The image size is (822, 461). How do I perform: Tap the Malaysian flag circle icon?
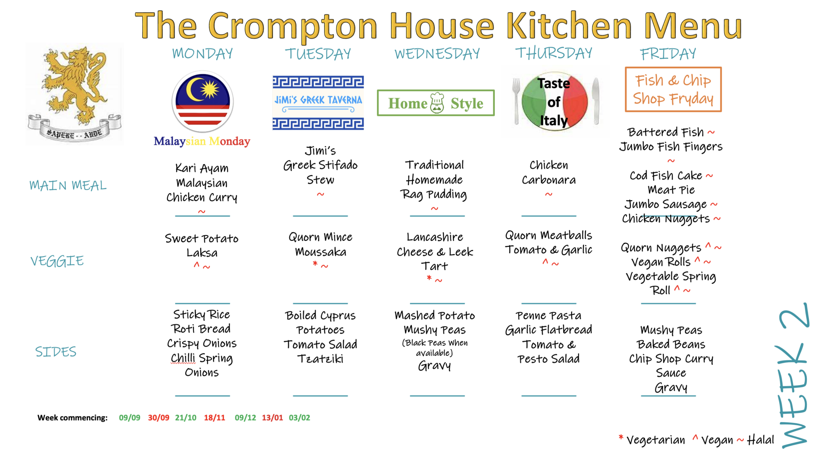[203, 102]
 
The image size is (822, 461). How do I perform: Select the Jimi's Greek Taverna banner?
[318, 102]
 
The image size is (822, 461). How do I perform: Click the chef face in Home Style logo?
[437, 104]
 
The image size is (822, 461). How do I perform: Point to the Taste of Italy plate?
[554, 102]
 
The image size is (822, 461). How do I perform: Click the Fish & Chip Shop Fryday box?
[673, 89]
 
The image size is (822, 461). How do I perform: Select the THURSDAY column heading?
[553, 53]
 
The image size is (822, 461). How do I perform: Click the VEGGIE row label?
[57, 261]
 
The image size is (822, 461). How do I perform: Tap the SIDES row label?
[56, 352]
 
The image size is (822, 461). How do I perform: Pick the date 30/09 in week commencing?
[159, 418]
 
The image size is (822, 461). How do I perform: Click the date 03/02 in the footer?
[299, 418]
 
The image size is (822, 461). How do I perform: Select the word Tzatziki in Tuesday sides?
[320, 359]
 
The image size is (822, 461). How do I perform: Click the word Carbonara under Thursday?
[549, 180]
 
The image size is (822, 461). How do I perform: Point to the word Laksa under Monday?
[202, 253]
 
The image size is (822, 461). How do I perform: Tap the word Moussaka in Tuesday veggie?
[320, 252]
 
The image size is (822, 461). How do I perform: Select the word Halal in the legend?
[760, 440]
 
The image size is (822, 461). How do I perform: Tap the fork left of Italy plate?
[516, 100]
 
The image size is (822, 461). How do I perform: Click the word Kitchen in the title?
[569, 26]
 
